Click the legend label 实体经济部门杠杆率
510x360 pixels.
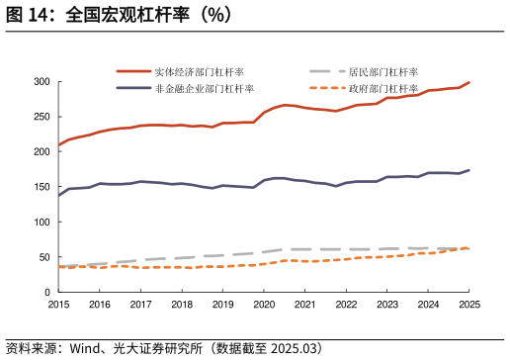tap(199, 71)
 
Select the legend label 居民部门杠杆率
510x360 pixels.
tap(383, 71)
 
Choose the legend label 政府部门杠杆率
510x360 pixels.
tap(383, 88)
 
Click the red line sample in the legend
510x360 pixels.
tap(133, 71)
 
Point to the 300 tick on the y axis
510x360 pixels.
tap(41, 81)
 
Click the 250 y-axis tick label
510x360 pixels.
tap(41, 117)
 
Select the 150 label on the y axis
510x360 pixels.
tap(41, 187)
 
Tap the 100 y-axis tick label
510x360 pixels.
tap(41, 223)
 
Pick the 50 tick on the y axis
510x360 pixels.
tap(43, 258)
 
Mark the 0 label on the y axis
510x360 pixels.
tap(46, 293)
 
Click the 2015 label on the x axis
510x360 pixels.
tap(58, 305)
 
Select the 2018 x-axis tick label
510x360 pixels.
tap(182, 305)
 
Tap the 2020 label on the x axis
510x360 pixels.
tap(264, 305)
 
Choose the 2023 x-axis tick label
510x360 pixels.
tap(387, 305)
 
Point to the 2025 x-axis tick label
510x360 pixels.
tap(469, 305)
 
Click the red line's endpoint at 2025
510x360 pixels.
tap(469, 82)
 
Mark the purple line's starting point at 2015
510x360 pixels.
tap(58, 195)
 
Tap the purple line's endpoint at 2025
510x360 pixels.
tap(469, 170)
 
